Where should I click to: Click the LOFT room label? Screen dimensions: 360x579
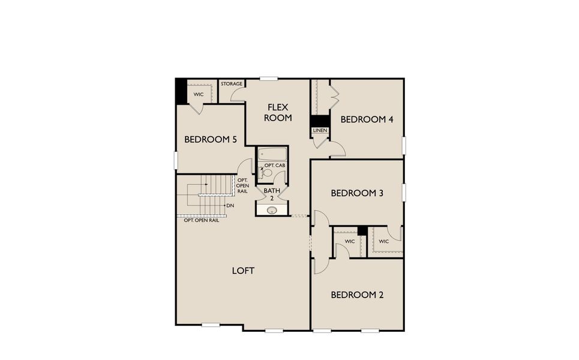243,271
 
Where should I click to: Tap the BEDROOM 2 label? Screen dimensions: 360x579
357,295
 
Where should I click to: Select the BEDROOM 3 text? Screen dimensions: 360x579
357,193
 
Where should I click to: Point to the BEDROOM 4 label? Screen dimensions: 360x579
367,119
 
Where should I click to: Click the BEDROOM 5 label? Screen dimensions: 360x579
211,139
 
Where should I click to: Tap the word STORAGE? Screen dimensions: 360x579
231,84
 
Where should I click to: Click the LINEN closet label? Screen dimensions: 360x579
320,130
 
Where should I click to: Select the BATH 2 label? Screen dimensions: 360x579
271,194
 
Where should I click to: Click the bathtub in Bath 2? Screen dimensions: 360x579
272,154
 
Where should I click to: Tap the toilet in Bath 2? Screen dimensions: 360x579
268,173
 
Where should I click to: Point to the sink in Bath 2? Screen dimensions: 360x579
272,210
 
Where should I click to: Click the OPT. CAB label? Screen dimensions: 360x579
275,165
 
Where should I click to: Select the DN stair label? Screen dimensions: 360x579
230,206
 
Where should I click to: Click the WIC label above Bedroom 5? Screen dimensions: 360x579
198,94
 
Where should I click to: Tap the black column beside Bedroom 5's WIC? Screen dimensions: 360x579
181,91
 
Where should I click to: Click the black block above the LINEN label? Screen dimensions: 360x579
320,121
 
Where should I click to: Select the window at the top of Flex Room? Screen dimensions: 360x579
268,79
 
